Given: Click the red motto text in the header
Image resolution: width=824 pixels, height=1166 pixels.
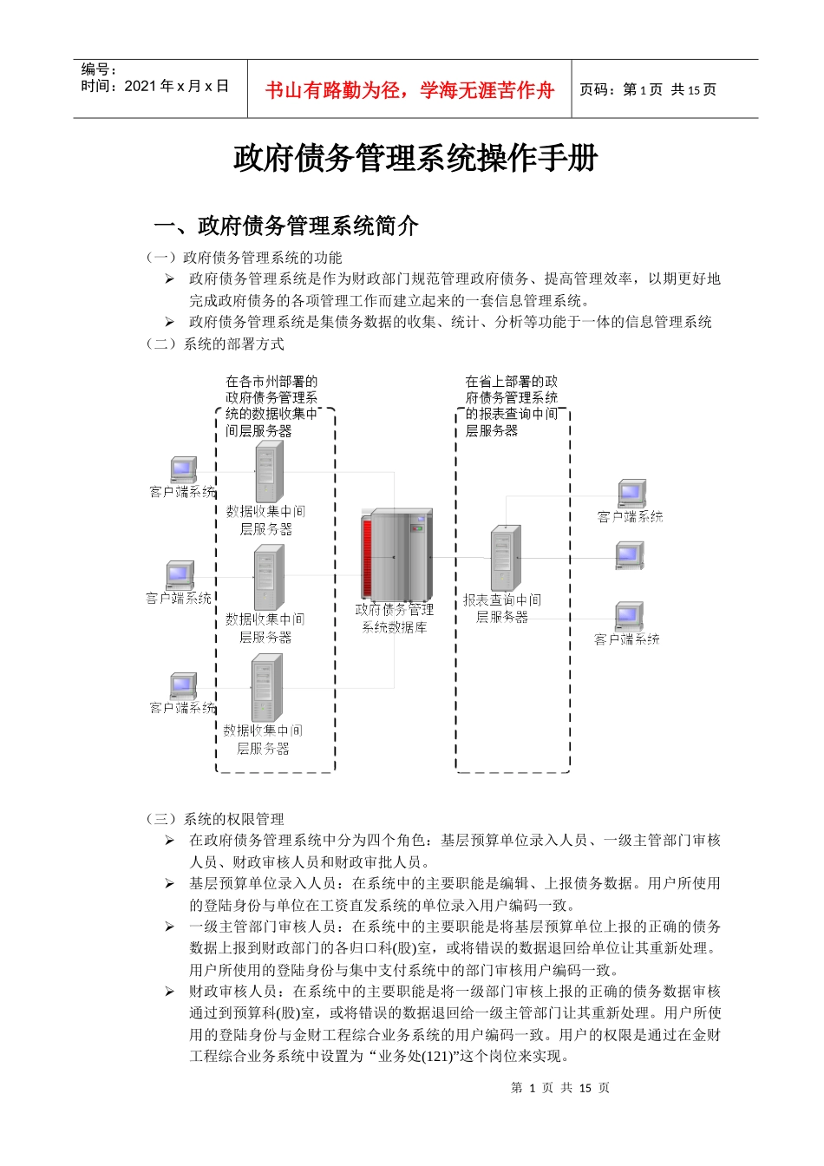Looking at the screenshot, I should [409, 90].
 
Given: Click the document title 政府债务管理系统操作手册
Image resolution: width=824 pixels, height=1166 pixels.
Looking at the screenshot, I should [415, 159].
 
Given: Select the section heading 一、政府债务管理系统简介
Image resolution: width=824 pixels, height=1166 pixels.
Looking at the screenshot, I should [286, 226].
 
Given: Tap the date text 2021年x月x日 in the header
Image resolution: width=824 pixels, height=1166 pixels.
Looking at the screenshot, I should [155, 86].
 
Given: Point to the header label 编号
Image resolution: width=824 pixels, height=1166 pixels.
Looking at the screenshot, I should [99, 69].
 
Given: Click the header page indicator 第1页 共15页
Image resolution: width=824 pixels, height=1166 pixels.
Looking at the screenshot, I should [648, 89].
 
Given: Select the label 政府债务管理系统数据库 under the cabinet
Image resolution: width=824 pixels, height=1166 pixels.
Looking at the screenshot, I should [395, 619].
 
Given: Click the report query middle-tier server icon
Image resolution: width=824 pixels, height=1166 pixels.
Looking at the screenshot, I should [506, 558].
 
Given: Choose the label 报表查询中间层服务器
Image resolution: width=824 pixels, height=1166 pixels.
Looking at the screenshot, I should [502, 608].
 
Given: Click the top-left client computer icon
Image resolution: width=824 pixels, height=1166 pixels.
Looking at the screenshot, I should [183, 469].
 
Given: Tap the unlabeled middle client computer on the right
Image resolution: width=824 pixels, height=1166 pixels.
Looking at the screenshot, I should [630, 555].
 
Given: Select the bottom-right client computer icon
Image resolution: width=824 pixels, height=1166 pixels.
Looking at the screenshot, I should [629, 617].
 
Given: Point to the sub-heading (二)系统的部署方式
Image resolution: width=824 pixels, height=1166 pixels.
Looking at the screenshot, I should [215, 344].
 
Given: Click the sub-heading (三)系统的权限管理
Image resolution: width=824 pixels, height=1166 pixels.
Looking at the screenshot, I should [215, 819].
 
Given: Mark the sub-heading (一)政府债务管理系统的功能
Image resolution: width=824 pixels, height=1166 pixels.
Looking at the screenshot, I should [245, 258].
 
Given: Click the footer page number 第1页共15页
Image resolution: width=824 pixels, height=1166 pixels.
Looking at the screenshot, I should [560, 1088].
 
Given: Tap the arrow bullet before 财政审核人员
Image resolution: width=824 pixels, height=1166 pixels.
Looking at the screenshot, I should [170, 992].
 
